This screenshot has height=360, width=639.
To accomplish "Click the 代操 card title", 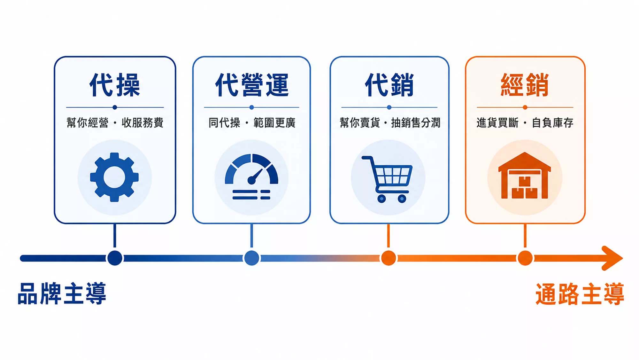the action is coord(115,85).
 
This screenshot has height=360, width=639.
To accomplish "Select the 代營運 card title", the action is coord(252,85).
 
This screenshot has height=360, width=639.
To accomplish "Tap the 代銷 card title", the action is coord(389,85).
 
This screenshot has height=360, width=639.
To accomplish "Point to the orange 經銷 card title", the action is coord(525,85).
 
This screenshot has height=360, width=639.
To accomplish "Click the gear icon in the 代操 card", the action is coord(114,177).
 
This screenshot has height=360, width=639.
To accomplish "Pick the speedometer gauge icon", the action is coord(251,177).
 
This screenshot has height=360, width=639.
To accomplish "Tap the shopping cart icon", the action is coord(387,179).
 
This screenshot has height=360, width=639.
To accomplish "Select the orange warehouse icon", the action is coord(525,176).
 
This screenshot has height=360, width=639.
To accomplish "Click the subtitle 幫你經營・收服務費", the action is coord(115,122).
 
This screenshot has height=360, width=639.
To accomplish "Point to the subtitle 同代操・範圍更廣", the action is coord(252,122).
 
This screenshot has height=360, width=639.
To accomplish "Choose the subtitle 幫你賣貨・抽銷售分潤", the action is coord(390,122).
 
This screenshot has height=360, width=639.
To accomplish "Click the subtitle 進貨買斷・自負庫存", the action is coord(525,122).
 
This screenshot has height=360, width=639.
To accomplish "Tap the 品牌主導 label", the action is coord(62,293).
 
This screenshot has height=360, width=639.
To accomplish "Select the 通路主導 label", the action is coord(580,293).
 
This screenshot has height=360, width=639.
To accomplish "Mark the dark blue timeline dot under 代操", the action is coord(115,258).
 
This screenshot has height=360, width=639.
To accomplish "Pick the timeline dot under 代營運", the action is coord(252,258).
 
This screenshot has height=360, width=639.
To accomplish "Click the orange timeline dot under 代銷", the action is coord(389,258).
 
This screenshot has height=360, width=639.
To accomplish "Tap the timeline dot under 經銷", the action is coord(525,258).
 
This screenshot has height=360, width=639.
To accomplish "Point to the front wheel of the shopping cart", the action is coord(402,199).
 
